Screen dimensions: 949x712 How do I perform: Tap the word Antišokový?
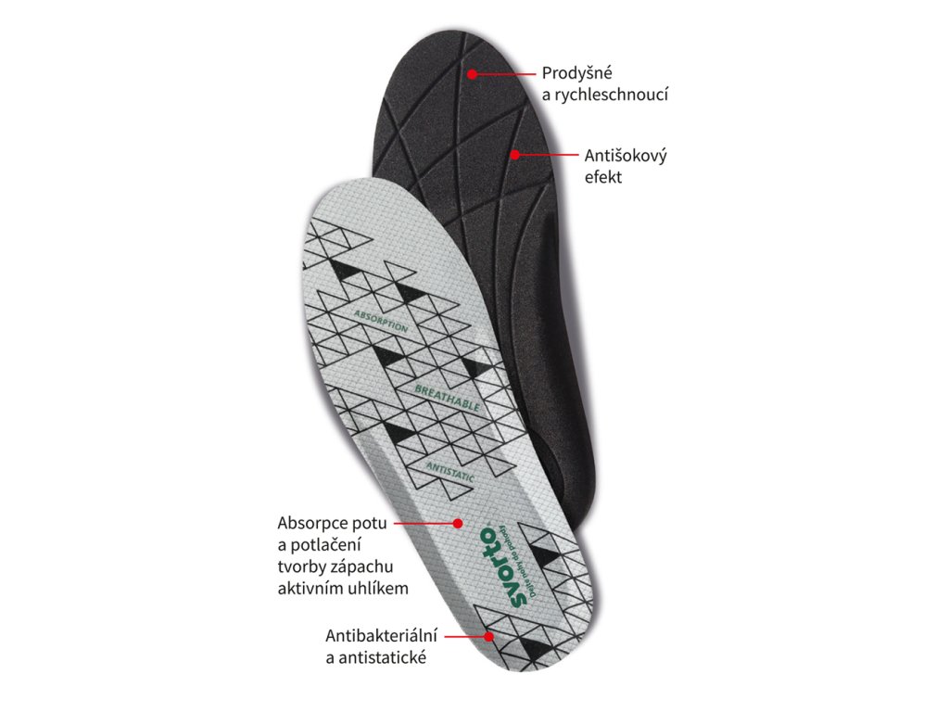(626, 155)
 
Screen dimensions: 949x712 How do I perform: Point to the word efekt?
(602, 176)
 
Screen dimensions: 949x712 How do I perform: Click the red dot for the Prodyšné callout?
(472, 73)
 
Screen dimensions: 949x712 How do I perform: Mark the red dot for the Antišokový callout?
(514, 155)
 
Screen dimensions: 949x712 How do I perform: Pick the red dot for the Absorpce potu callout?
(457, 524)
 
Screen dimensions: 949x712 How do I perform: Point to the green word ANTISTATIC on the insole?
(451, 471)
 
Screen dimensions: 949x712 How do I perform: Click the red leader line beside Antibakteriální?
(465, 637)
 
